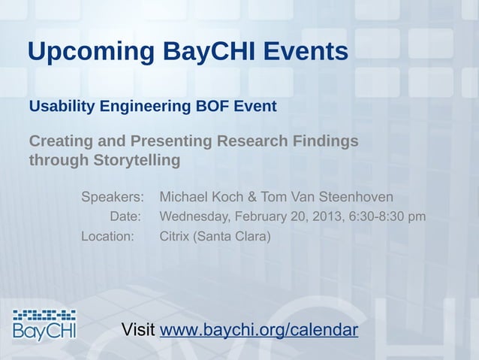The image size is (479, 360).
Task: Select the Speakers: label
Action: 113,198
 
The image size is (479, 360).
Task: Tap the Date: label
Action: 125,217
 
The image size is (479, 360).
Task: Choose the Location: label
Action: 108,237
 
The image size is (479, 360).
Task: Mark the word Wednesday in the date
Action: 196,217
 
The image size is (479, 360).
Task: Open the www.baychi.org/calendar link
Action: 259,331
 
